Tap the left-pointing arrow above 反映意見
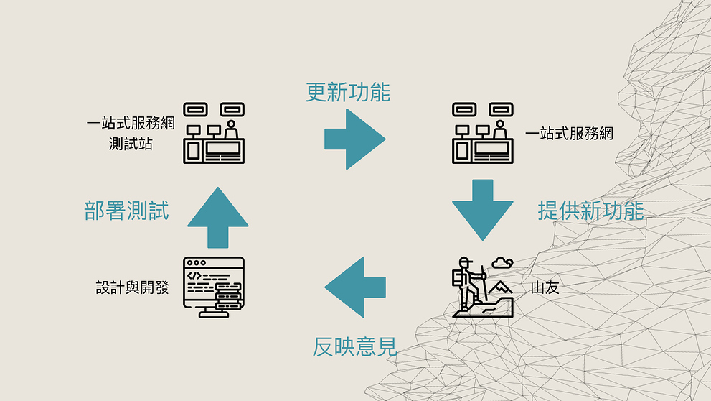click(x=356, y=287)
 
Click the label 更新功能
click(x=348, y=92)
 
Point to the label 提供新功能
click(x=590, y=210)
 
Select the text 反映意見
click(x=354, y=347)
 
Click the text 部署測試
click(x=126, y=211)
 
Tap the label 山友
click(x=545, y=287)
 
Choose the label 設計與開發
click(x=133, y=287)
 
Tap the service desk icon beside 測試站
click(x=214, y=132)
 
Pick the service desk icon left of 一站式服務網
click(x=482, y=132)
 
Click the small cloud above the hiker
click(x=503, y=262)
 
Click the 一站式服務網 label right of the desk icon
click(x=570, y=133)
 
